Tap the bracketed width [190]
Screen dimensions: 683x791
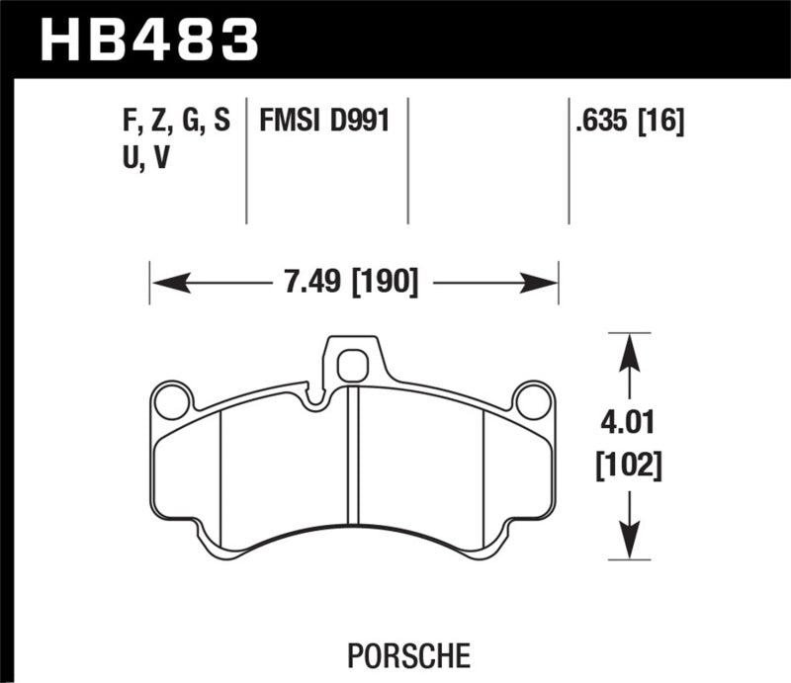pyautogui.click(x=382, y=284)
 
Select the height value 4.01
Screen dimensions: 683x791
pyautogui.click(x=627, y=427)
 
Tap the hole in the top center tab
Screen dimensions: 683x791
pyautogui.click(x=351, y=368)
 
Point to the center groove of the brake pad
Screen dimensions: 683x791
pyautogui.click(x=353, y=455)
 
